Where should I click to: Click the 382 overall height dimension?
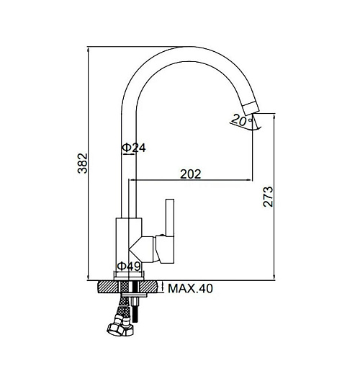click(x=83, y=163)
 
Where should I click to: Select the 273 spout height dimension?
click(x=268, y=197)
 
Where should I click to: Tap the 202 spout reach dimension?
click(x=190, y=174)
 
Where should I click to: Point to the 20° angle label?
click(x=241, y=120)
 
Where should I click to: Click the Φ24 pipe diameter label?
click(x=134, y=148)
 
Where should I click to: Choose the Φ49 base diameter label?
click(x=129, y=266)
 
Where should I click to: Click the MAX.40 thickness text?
click(x=190, y=288)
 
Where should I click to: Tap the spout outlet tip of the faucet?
click(x=251, y=107)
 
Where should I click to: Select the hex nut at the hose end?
click(x=116, y=329)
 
